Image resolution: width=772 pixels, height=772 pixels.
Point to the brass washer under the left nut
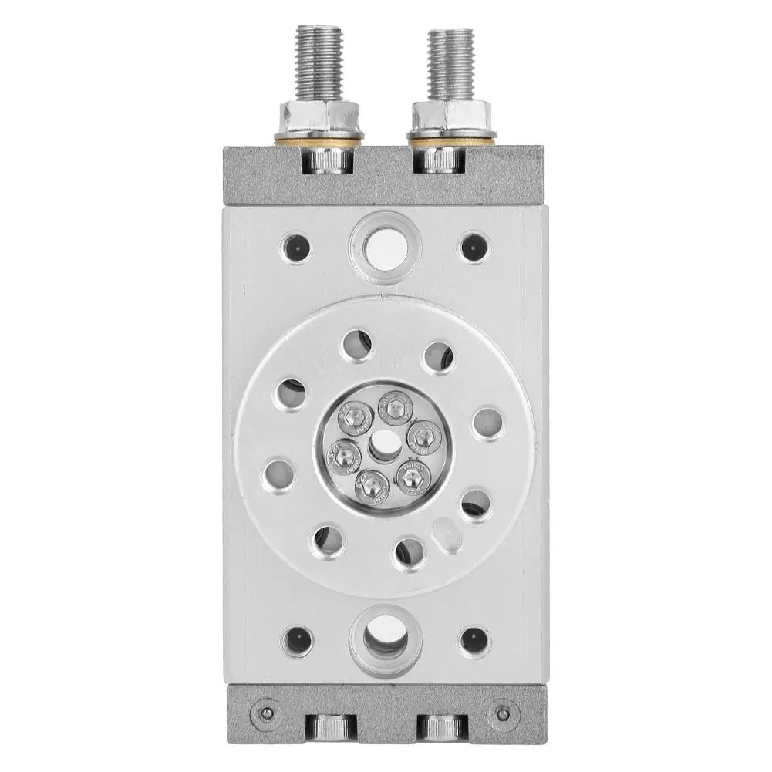coord(319,137)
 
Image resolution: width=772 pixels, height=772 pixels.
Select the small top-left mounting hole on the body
coord(297,248)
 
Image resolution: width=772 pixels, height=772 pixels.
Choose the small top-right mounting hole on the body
coord(474,248)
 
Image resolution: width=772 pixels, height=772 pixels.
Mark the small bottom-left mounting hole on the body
coord(297,639)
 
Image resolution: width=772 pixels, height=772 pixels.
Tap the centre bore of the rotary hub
coord(382,444)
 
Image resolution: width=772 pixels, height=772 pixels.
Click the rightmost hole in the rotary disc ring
coord(487,423)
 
